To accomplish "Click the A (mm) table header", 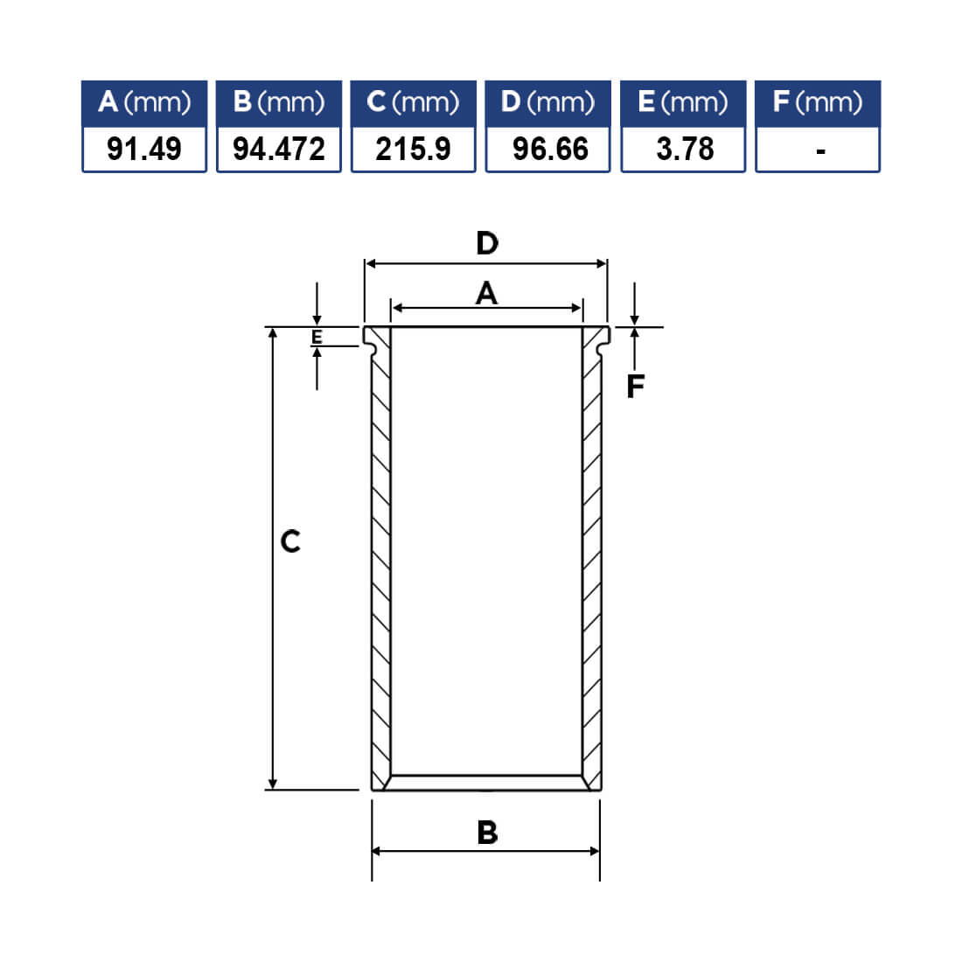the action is [144, 102].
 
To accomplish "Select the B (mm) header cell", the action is [278, 102].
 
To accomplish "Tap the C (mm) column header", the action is [413, 102].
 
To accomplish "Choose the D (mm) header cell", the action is [547, 102].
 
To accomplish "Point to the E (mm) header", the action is [683, 102].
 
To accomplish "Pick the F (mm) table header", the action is [818, 102].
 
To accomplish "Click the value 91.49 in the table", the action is [144, 149].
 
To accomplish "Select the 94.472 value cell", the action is [278, 149].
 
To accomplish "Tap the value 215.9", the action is [413, 149].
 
